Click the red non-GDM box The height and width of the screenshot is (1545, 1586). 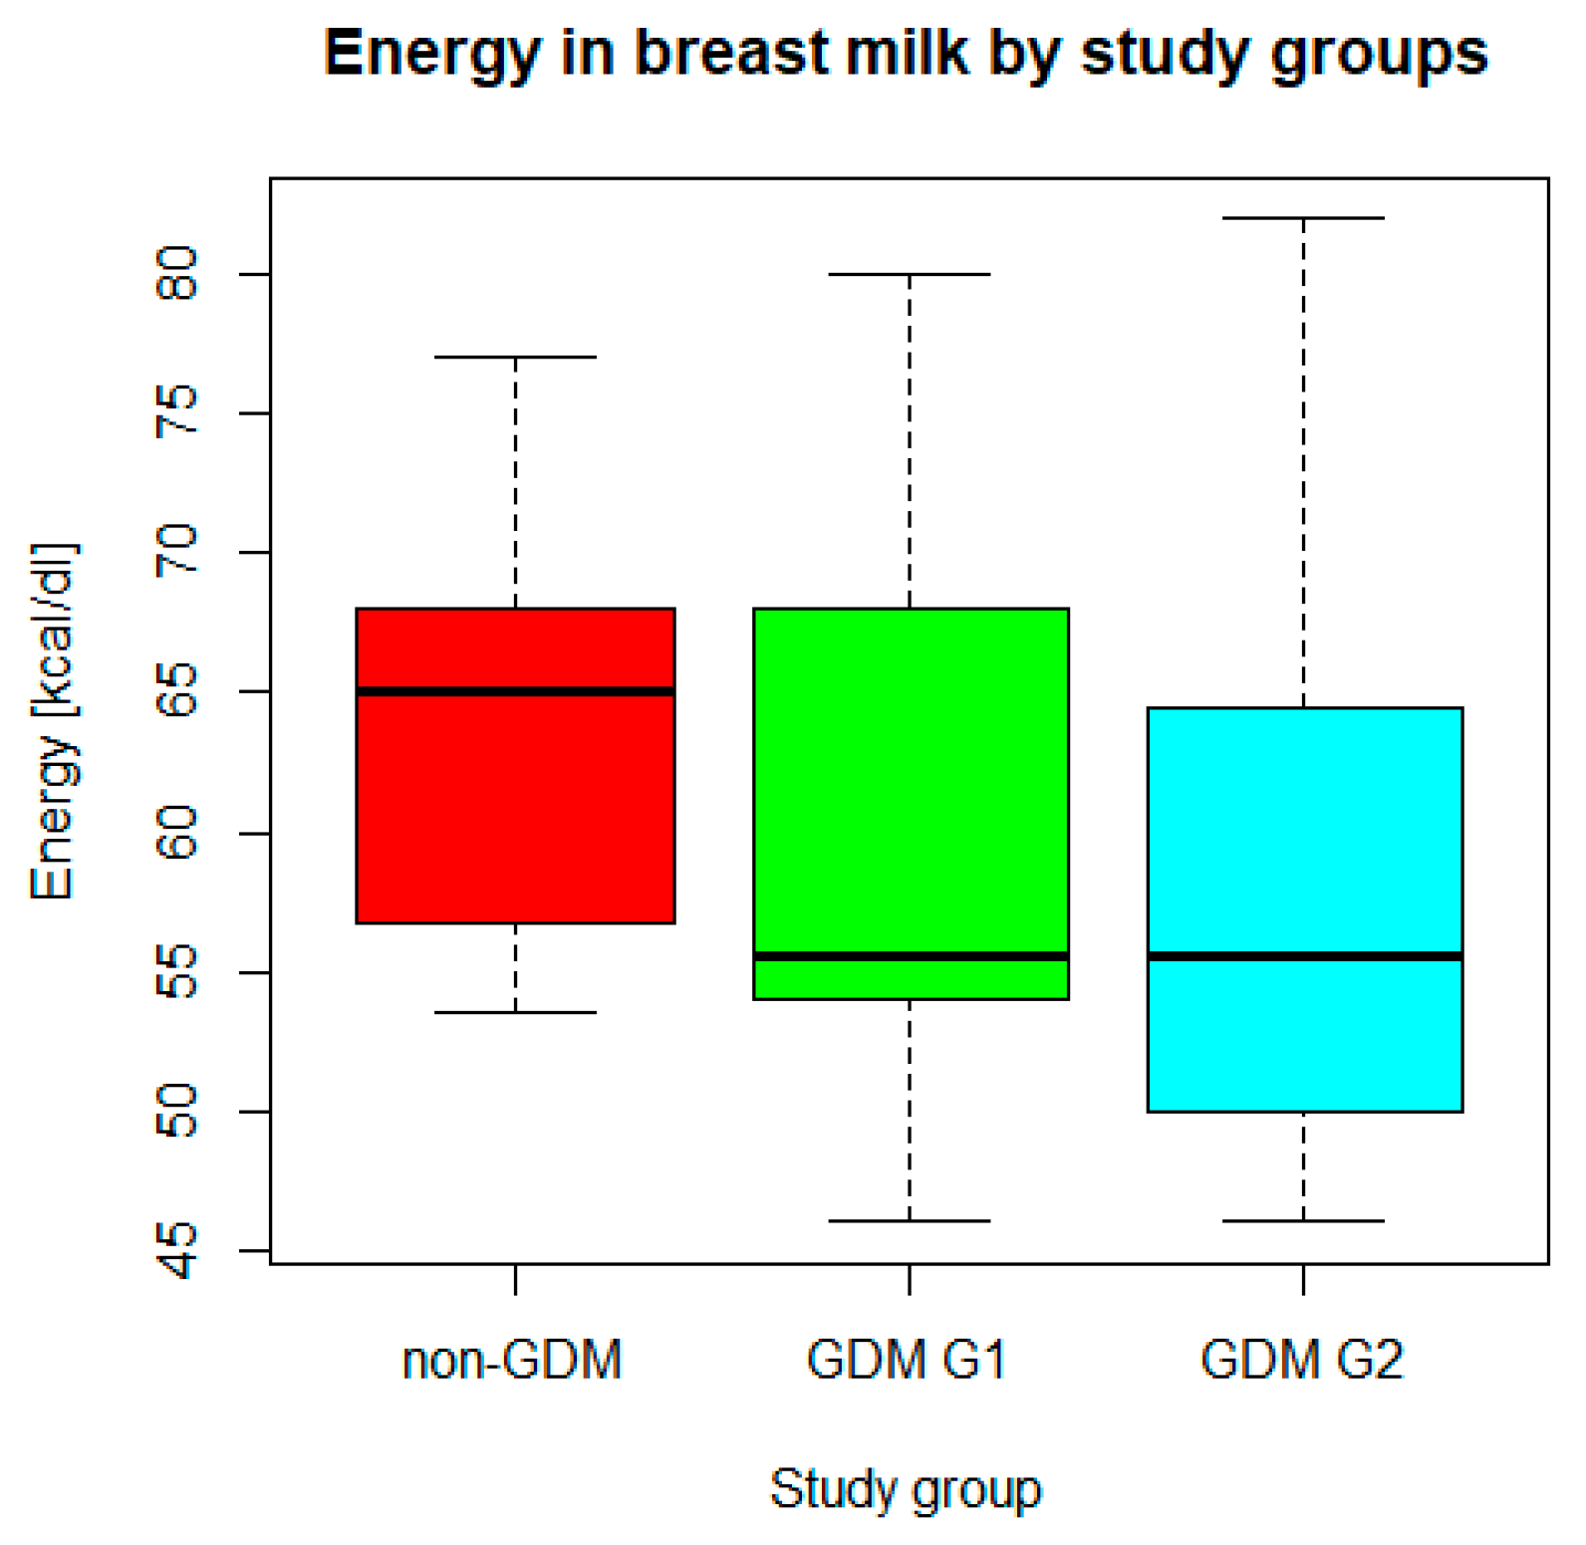515,807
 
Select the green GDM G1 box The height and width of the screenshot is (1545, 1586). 911,777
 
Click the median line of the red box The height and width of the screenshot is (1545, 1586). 515,691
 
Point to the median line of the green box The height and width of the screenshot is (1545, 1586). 911,956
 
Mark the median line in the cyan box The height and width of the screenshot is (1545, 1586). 1304,956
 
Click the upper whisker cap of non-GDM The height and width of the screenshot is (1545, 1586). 515,357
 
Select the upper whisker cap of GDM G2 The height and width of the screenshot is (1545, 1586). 1304,218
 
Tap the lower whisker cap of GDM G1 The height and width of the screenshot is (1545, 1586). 910,1220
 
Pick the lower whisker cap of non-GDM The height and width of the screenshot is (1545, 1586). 515,1012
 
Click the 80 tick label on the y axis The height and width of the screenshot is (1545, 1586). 177,274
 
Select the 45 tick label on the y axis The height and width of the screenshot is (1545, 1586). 177,1250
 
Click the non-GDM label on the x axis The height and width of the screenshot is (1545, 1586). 512,1360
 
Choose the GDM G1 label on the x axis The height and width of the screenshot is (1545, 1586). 906,1360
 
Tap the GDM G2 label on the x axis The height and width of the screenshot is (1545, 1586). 1301,1360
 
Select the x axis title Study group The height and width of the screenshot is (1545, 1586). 906,1490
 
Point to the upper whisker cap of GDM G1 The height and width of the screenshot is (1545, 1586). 910,274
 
